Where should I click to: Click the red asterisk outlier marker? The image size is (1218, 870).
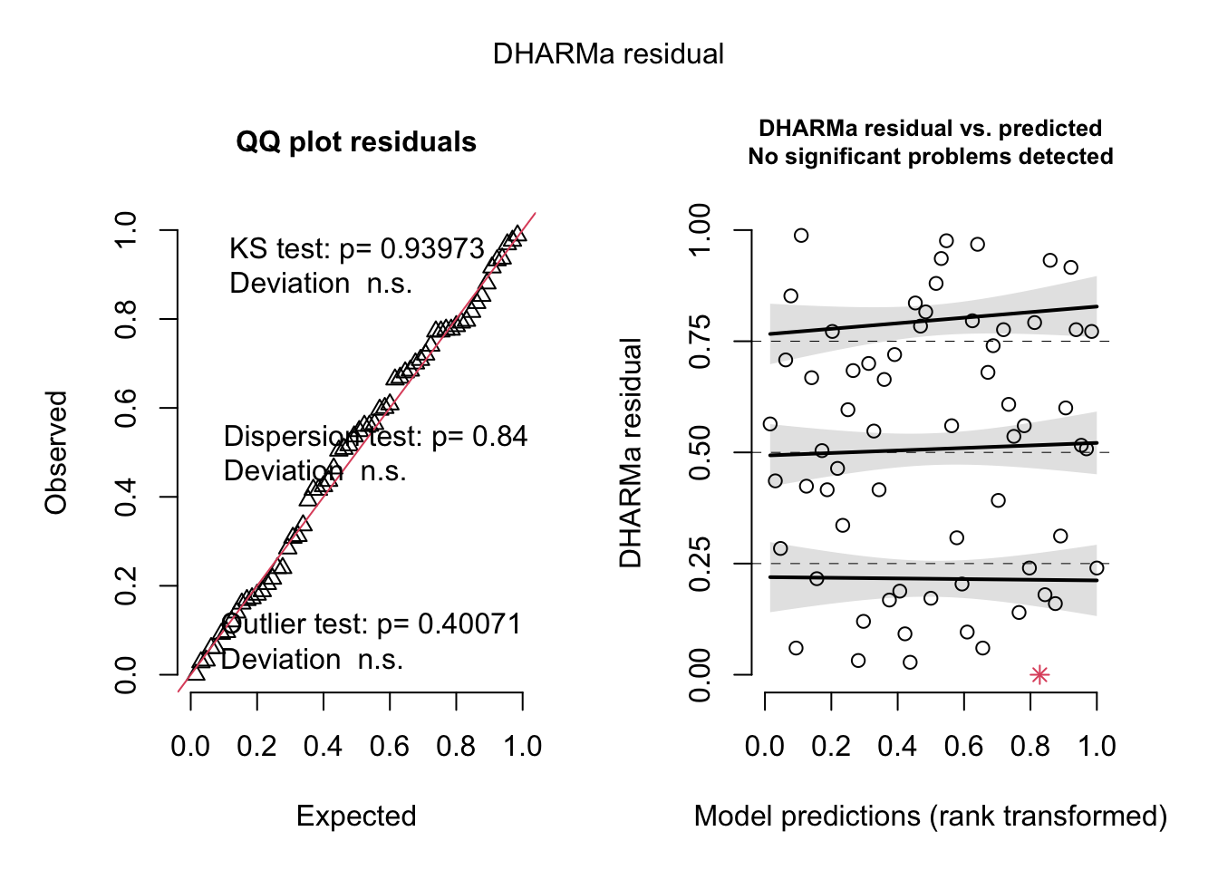(1039, 674)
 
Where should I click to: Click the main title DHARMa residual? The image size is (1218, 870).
(608, 54)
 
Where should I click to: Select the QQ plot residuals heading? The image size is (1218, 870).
(356, 142)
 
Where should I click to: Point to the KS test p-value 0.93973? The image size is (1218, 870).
(432, 249)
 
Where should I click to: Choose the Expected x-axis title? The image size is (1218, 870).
(356, 817)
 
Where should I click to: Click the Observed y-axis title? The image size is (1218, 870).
(56, 452)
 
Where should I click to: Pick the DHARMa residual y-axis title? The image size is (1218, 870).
(631, 452)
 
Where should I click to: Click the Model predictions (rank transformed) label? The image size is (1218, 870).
(931, 817)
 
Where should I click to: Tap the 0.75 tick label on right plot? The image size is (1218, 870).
(701, 342)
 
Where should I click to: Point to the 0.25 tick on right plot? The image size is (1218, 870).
(701, 564)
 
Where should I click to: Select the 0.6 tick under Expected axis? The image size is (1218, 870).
(390, 747)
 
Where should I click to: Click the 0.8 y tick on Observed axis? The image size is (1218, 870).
(126, 320)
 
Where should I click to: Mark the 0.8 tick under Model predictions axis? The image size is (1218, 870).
(1030, 747)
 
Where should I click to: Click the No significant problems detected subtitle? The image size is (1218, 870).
(931, 157)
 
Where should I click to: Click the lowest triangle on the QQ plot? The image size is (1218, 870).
(196, 672)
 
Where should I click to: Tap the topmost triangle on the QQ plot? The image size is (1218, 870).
(517, 233)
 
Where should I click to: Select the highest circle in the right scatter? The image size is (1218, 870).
(801, 236)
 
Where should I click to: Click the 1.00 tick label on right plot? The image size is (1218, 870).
(701, 231)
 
